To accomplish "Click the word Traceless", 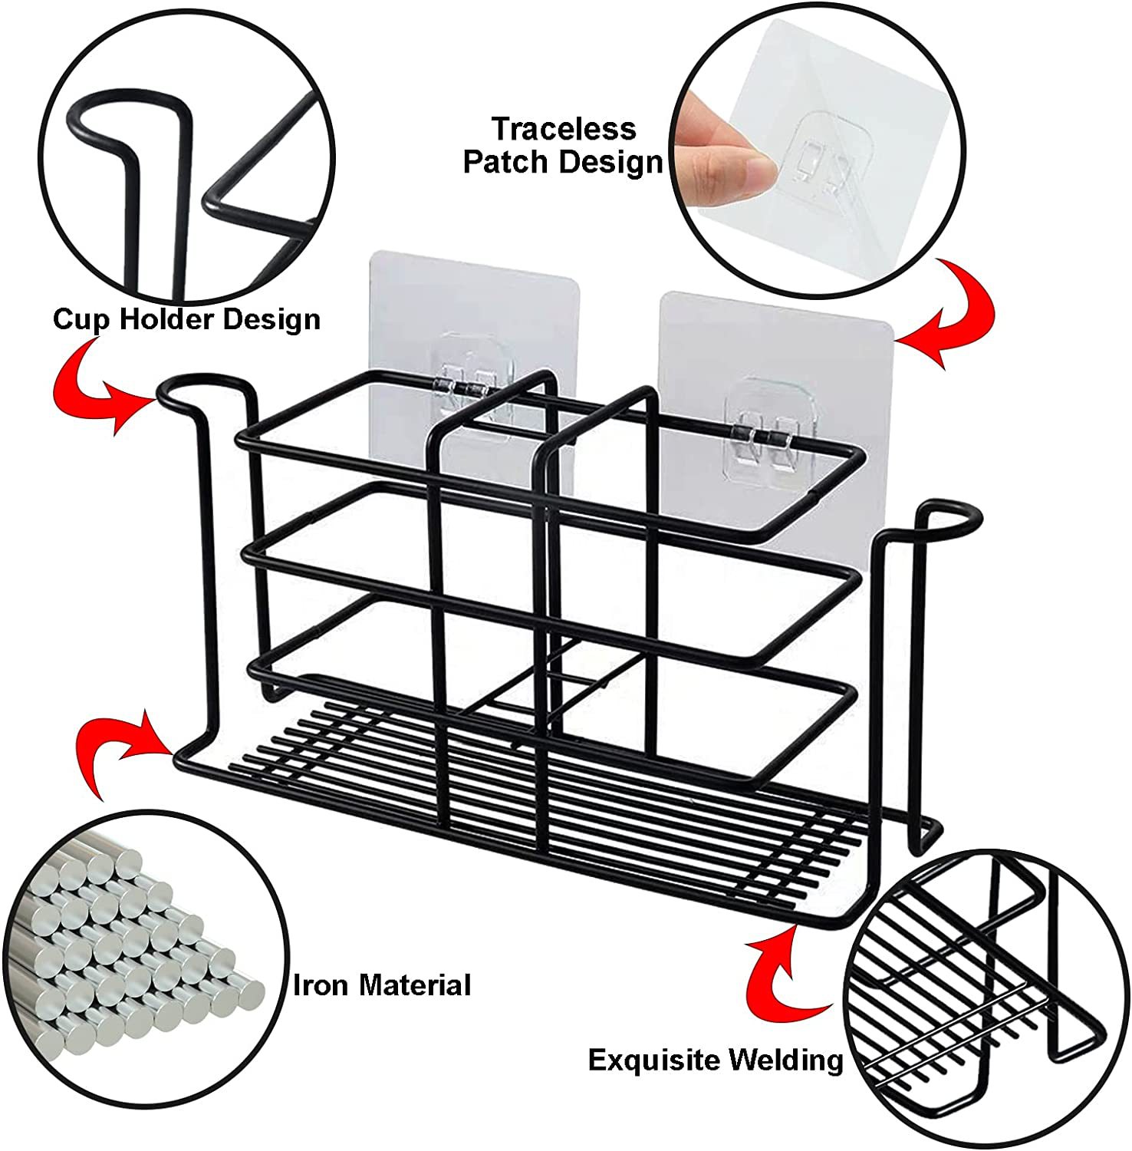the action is point(564,128).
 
